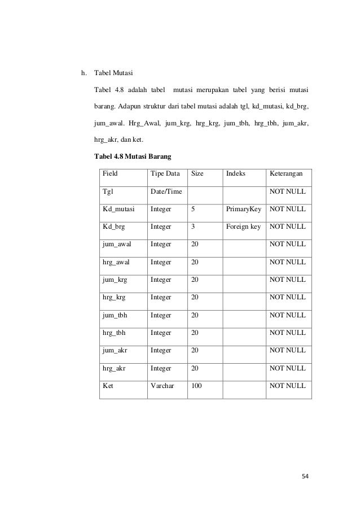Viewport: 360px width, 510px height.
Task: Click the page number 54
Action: (x=305, y=476)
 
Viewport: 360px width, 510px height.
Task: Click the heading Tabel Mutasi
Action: (x=113, y=73)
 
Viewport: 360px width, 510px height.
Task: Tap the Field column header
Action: (x=111, y=175)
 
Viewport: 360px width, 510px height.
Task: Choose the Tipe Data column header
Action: (x=164, y=175)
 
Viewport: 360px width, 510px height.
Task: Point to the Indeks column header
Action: (x=236, y=175)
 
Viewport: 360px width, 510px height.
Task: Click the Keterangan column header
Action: (x=288, y=175)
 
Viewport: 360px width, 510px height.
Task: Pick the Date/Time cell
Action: (x=166, y=192)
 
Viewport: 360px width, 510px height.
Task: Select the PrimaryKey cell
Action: (x=244, y=210)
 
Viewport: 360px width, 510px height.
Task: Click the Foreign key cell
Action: (x=243, y=227)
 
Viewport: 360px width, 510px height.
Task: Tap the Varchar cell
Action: (x=163, y=385)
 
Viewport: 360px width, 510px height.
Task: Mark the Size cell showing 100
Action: (x=197, y=385)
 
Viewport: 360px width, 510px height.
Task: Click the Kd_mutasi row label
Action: (x=118, y=210)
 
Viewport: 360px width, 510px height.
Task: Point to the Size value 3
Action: (x=194, y=227)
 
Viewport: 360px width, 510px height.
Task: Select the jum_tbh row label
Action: (x=115, y=315)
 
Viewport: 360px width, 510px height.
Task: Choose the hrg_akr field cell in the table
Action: (x=115, y=368)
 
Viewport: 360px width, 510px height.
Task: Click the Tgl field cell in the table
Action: (x=108, y=192)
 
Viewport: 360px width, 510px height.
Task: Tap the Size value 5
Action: (x=194, y=210)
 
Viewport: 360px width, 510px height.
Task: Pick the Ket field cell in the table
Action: (x=108, y=385)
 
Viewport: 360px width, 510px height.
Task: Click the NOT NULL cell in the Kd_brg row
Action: (x=288, y=227)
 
